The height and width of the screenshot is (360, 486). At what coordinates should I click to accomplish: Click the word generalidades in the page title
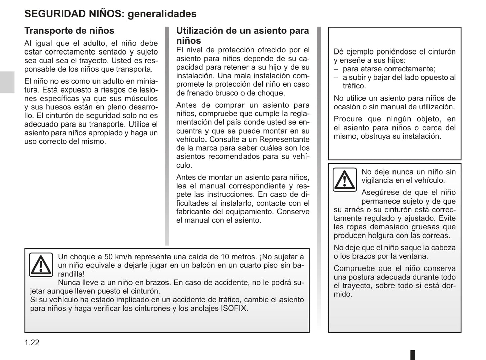162,14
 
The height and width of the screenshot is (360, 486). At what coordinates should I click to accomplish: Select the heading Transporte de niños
69,31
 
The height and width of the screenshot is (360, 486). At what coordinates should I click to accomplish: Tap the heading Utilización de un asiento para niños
242,35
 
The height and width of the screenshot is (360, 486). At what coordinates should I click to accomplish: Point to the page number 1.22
32,343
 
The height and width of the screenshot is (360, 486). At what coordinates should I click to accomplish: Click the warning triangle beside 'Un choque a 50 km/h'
41,265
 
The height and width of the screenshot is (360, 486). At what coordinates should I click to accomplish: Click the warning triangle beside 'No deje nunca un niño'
345,180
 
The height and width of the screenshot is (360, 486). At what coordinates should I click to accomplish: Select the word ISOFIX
234,308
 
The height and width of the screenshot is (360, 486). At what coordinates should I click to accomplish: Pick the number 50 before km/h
108,257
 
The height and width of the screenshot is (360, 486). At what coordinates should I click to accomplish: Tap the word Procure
348,119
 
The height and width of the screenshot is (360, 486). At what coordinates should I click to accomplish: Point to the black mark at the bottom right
413,355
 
